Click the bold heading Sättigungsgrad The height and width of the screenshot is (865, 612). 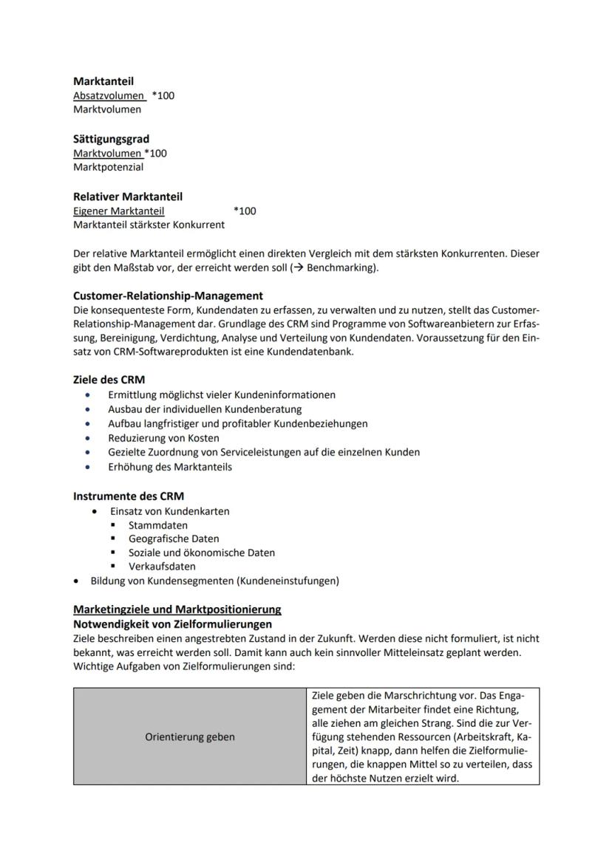(111, 139)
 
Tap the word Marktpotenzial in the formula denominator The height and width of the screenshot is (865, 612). (108, 167)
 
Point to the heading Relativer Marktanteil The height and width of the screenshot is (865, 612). (127, 196)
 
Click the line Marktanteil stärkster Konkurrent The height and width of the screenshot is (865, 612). (149, 225)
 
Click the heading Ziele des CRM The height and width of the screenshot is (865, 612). (109, 380)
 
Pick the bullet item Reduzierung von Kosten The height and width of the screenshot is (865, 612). (163, 438)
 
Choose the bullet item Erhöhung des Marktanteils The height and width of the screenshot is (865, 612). (169, 467)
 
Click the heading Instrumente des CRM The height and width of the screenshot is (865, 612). (128, 496)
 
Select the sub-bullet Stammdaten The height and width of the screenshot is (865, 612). (157, 525)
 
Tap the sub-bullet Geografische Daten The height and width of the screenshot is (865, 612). (174, 539)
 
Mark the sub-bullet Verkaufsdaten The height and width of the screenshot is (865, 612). (162, 567)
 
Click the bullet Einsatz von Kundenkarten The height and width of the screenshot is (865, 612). (169, 511)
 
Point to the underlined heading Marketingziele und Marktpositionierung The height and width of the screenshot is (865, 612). (177, 609)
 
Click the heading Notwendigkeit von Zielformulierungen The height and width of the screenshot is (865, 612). (172, 624)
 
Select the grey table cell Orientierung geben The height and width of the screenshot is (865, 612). (190, 736)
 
